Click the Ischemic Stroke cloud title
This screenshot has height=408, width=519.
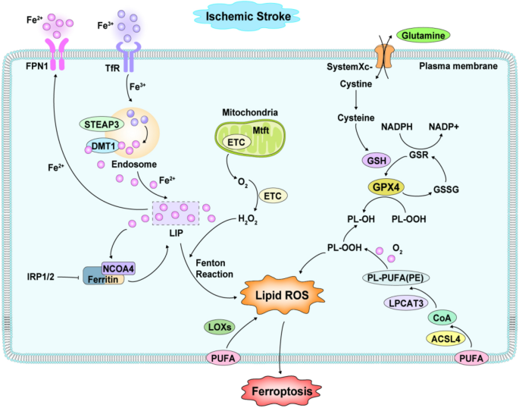coord(248,16)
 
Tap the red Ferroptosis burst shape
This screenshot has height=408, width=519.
coord(282,391)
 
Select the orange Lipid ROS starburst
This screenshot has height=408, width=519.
coord(282,295)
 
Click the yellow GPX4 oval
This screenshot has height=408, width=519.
coord(386,187)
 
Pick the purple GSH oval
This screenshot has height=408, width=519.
coord(377,161)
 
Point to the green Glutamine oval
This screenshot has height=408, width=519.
coord(423,36)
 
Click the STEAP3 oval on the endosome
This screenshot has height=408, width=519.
coord(102,124)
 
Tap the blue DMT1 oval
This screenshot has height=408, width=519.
coord(104,146)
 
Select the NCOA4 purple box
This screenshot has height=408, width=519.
coord(119,268)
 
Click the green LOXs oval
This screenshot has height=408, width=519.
coord(220,327)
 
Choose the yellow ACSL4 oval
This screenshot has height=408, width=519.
coord(446,339)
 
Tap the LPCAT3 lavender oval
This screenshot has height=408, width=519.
coord(406,303)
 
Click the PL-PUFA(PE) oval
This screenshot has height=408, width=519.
coord(396,278)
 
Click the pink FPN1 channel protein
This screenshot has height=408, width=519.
coord(57,54)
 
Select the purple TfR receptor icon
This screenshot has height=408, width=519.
coord(128,57)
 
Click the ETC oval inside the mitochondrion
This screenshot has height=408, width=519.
coord(236,142)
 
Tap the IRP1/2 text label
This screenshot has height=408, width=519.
coord(40,277)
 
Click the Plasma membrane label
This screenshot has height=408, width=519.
coord(458,66)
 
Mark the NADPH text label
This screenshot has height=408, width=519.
coord(396,127)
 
